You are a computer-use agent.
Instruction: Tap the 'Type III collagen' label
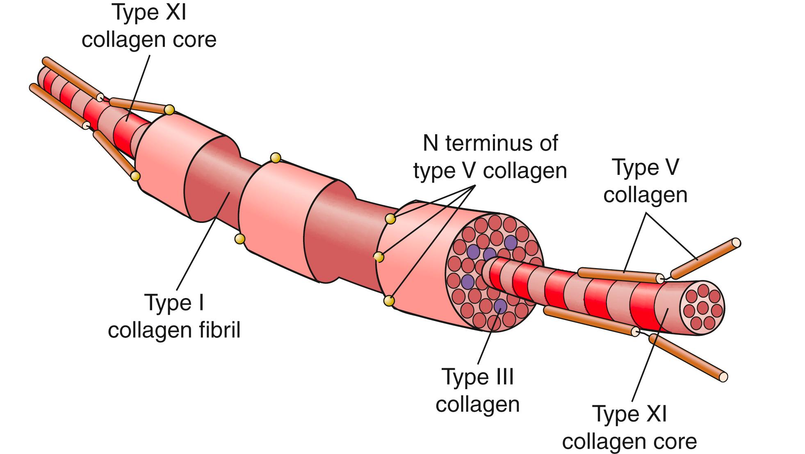pos(478,390)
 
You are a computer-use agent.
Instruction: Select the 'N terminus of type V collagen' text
pos(490,157)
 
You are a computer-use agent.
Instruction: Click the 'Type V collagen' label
pos(645,181)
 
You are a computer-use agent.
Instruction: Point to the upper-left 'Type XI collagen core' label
pos(149,26)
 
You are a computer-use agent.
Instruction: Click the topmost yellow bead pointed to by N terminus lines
pos(391,219)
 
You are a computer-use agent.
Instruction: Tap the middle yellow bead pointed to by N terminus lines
pos(379,257)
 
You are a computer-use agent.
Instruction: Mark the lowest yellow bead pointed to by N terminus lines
pos(388,301)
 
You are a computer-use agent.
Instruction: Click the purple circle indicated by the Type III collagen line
pos(500,305)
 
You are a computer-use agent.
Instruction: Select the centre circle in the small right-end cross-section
pos(703,307)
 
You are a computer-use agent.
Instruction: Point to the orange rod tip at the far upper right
pos(736,243)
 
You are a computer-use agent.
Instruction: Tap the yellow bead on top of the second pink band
pos(276,158)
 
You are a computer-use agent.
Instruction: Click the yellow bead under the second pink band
pos(240,239)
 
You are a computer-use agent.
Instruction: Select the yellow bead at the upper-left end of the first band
pos(169,110)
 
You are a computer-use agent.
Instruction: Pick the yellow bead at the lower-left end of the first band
pos(135,176)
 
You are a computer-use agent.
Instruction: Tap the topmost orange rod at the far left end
pos(72,78)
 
